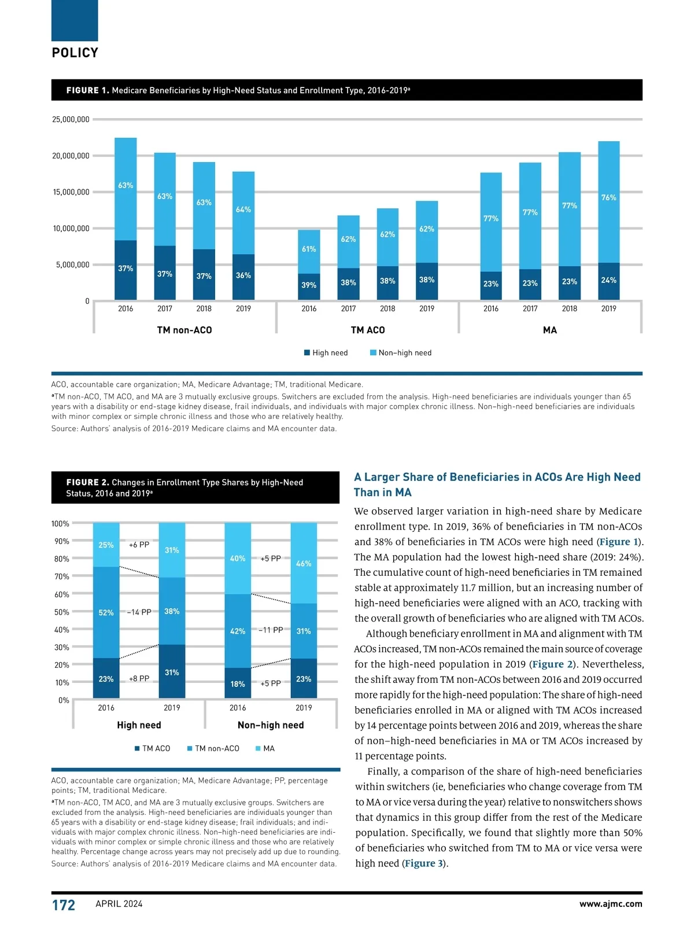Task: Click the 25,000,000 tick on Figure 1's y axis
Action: (71, 120)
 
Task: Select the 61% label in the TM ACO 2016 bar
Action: (309, 249)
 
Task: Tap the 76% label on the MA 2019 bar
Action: (608, 197)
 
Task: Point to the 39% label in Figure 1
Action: (309, 285)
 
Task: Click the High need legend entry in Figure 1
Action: (326, 352)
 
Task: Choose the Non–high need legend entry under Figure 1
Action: (401, 352)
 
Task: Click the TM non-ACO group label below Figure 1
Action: (184, 330)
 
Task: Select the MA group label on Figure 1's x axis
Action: (549, 330)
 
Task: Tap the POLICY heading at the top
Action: (75, 53)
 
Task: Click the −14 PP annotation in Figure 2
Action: (139, 612)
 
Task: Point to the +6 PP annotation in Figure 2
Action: (139, 545)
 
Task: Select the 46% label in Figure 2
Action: (304, 563)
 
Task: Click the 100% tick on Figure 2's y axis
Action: (60, 524)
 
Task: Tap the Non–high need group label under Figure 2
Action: (271, 725)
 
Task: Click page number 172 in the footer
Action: (64, 905)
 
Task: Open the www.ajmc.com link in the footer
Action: (611, 903)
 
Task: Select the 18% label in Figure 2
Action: (238, 684)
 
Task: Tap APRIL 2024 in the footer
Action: (119, 903)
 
